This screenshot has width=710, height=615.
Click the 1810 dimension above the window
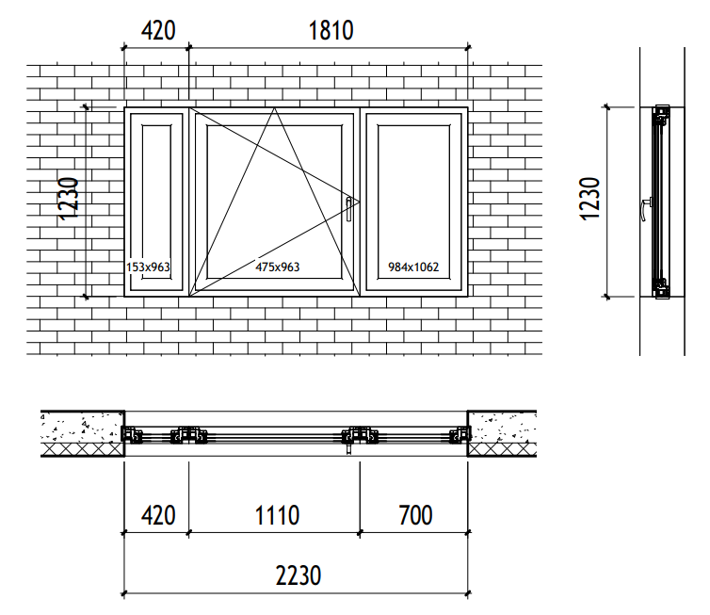(x=331, y=31)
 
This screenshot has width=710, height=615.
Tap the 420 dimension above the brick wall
(x=158, y=31)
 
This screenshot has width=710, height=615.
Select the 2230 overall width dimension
(x=299, y=576)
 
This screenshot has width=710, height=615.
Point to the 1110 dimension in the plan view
(x=277, y=515)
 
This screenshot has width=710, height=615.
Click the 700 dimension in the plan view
(x=415, y=515)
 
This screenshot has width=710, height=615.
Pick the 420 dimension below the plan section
(x=158, y=515)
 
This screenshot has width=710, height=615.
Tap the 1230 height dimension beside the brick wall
(x=69, y=200)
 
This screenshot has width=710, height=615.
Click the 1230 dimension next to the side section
(x=589, y=200)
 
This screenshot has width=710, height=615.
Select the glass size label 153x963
(x=148, y=267)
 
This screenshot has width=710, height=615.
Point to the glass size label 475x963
(x=277, y=267)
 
